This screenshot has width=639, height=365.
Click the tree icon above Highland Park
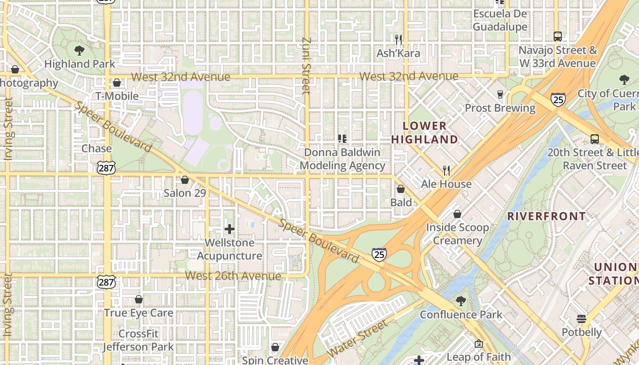click(x=79, y=50)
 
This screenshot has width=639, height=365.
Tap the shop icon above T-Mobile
click(x=117, y=83)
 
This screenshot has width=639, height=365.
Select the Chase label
click(x=96, y=148)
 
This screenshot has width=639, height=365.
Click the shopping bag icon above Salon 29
click(x=185, y=180)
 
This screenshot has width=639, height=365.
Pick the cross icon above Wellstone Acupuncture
click(x=230, y=229)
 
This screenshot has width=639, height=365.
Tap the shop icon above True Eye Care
click(x=139, y=299)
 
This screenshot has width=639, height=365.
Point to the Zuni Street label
click(x=306, y=66)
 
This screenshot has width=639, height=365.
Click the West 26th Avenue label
click(x=233, y=276)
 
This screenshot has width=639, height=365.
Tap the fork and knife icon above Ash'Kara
click(x=398, y=40)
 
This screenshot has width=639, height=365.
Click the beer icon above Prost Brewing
click(x=500, y=94)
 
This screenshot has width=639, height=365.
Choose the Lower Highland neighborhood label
click(x=424, y=132)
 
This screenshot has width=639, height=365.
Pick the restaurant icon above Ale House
click(x=446, y=171)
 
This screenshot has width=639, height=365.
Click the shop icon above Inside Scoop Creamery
click(x=457, y=214)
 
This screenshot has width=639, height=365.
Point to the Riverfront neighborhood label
click(x=546, y=216)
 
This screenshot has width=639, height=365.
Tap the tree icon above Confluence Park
click(x=461, y=301)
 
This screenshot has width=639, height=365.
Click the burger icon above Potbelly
click(x=581, y=318)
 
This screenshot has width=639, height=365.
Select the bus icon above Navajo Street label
click(x=557, y=36)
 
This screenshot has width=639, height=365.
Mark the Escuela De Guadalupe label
click(x=500, y=20)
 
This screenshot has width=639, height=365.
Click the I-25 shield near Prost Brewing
click(x=558, y=99)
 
